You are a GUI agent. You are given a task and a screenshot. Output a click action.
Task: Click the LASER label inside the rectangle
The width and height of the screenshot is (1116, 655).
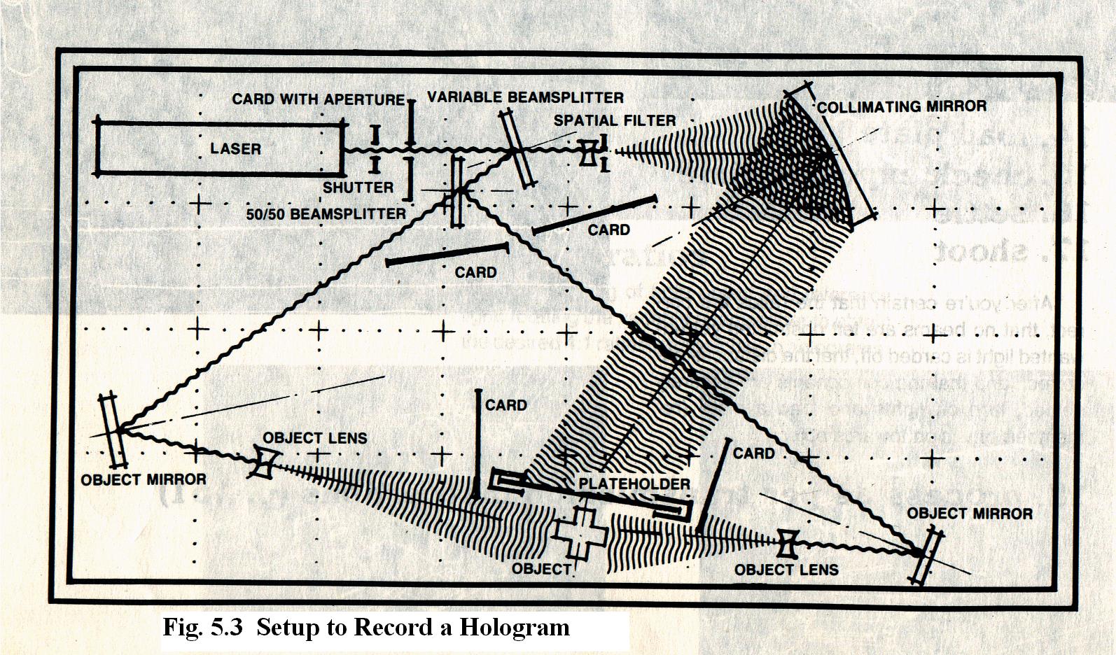235,149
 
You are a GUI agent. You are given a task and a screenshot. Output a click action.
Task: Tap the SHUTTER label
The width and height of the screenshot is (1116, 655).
358,188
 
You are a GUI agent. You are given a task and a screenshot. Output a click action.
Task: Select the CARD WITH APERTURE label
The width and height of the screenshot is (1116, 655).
319,99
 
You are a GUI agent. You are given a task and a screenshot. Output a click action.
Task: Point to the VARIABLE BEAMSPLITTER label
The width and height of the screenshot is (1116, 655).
525,97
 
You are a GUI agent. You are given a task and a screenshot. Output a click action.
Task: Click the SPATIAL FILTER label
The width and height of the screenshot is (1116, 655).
615,120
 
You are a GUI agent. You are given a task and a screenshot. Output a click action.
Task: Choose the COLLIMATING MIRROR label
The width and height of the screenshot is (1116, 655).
902,107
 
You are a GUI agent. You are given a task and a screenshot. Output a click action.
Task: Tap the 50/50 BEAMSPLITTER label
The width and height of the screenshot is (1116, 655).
326,214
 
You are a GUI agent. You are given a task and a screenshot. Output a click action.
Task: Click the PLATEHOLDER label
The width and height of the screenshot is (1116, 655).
634,484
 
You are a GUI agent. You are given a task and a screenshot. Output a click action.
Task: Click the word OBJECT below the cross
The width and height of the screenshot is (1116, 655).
541,569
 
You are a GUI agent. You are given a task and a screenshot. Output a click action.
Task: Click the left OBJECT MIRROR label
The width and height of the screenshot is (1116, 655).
144,480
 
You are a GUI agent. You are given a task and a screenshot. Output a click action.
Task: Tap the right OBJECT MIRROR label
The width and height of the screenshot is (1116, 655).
970,514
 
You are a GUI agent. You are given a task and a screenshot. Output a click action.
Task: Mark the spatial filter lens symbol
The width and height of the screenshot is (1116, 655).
589,152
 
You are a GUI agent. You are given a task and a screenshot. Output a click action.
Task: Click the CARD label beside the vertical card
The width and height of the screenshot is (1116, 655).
505,405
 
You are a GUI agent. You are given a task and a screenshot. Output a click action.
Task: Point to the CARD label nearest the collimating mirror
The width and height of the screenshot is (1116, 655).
608,230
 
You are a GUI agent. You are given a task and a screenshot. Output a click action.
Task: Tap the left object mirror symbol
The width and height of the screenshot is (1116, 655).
114,430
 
